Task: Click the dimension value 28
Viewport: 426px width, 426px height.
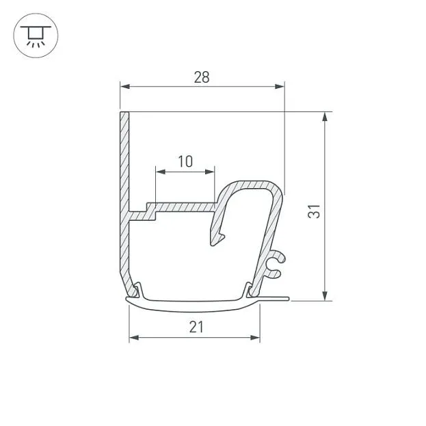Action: (202, 77)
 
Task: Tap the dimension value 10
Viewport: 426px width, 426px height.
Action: (185, 161)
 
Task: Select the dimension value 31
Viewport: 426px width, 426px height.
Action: (314, 211)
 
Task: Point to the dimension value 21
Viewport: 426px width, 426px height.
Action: (196, 327)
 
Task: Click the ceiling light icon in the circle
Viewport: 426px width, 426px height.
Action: (36, 36)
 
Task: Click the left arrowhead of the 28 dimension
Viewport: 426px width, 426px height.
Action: (124, 87)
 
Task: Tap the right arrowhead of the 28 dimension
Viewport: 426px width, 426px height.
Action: (280, 87)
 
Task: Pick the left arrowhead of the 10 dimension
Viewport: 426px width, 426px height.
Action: (160, 172)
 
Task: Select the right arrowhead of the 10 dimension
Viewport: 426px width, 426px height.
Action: (210, 172)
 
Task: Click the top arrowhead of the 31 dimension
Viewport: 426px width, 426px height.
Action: (325, 116)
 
